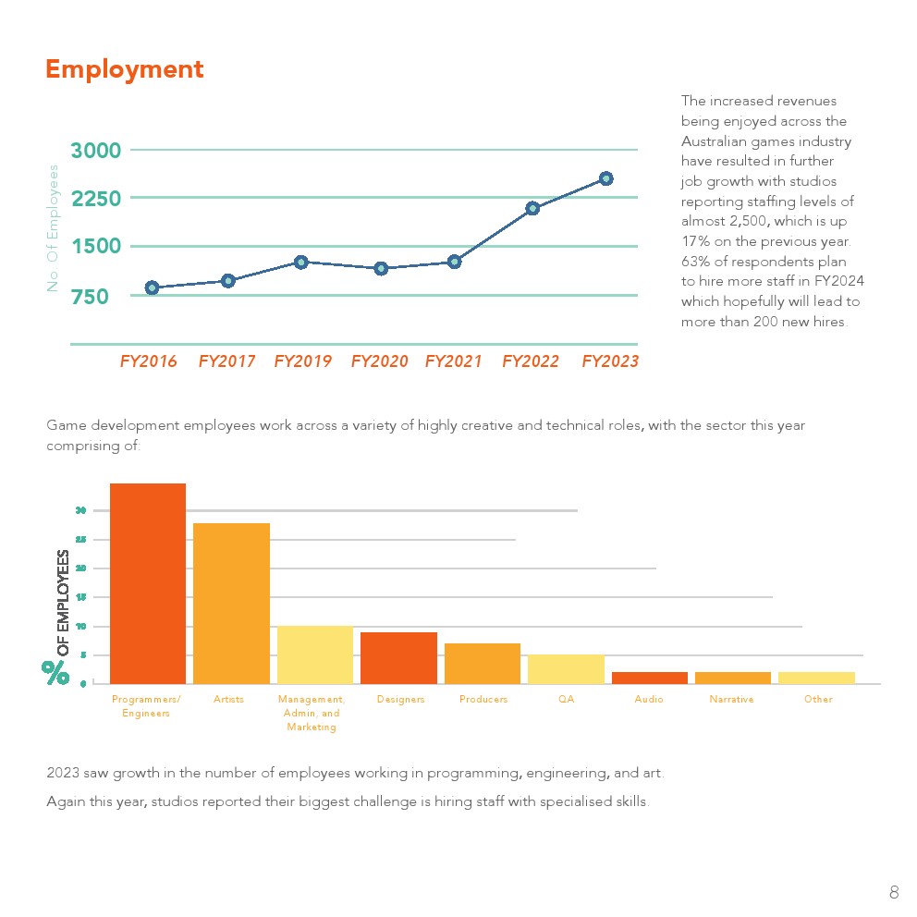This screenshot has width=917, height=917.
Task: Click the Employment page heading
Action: point(125,69)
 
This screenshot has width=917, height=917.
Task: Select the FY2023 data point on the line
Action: point(605,178)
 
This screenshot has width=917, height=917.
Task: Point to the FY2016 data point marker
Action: point(152,287)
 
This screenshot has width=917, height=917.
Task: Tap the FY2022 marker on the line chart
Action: point(532,208)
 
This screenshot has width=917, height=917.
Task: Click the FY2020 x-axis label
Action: point(379,361)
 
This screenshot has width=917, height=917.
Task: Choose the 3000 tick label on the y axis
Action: point(95,151)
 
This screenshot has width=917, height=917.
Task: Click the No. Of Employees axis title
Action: point(53,228)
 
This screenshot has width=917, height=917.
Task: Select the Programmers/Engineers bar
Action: point(148,583)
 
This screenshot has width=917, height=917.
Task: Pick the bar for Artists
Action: point(231,603)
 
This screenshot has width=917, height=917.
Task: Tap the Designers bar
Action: point(398,658)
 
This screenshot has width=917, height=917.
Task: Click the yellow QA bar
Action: point(566,669)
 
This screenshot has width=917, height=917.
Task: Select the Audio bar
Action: point(649,678)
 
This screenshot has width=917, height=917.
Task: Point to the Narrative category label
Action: point(731,700)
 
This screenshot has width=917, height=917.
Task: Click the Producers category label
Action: point(483,700)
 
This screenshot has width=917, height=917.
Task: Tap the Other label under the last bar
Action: point(818,700)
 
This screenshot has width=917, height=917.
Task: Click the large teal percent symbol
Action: point(55,672)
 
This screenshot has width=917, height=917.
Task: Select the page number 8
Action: point(894,892)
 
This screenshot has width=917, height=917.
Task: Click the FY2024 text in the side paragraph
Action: point(841,281)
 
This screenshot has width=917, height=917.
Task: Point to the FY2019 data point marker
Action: point(300,262)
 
